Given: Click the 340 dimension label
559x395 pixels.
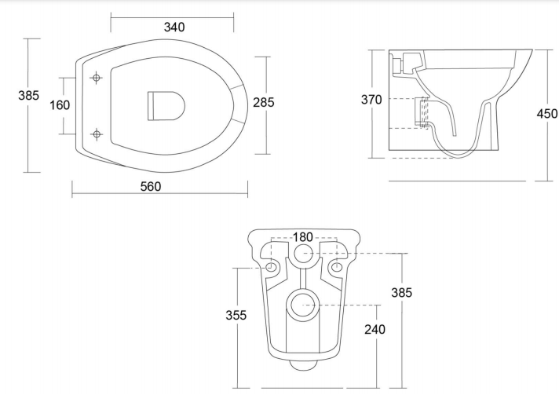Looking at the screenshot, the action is click(174, 27).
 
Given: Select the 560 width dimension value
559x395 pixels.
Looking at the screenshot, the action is click(151, 186).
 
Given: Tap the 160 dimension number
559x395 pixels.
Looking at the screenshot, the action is click(60, 105).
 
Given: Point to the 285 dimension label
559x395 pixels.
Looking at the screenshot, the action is click(264, 102).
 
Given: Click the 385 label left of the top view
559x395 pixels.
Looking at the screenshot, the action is click(28, 96).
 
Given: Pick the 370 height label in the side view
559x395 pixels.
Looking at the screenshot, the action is click(371, 100).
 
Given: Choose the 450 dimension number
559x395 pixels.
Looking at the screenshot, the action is click(547, 114).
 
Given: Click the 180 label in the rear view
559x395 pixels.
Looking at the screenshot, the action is click(303, 237).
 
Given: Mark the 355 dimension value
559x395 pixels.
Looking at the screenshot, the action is click(236, 315).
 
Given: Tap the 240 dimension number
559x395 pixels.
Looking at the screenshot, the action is click(374, 329).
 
